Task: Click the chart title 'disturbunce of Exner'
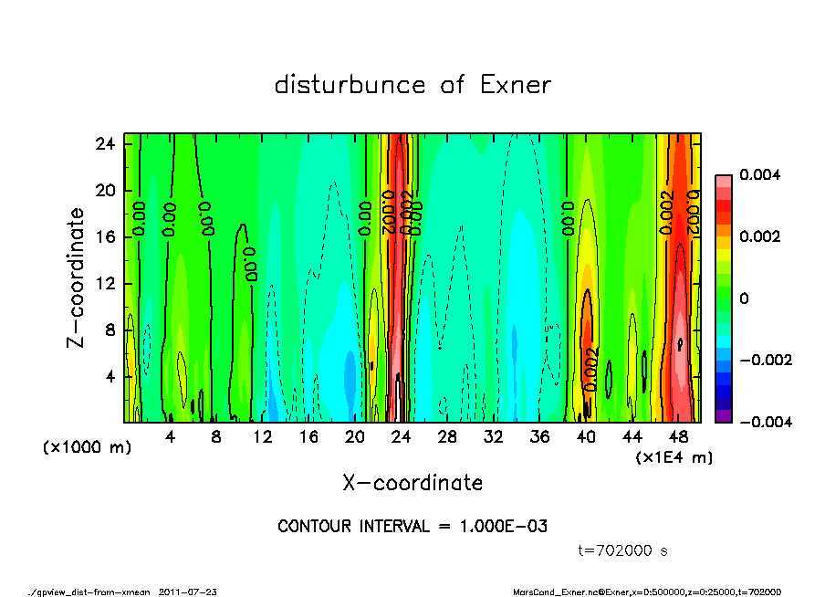pyautogui.click(x=412, y=86)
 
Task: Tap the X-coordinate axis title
pyautogui.click(x=412, y=483)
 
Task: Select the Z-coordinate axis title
pyautogui.click(x=77, y=278)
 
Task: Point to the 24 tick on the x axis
pyautogui.click(x=402, y=438)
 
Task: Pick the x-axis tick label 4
pyautogui.click(x=170, y=438)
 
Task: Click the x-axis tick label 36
pyautogui.click(x=539, y=438)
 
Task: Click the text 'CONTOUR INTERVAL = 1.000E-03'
pyautogui.click(x=412, y=527)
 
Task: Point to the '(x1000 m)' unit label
pyautogui.click(x=73, y=448)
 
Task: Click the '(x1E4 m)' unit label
pyautogui.click(x=674, y=456)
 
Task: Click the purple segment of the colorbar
pyautogui.click(x=723, y=416)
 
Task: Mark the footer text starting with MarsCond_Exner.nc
pyautogui.click(x=648, y=592)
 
